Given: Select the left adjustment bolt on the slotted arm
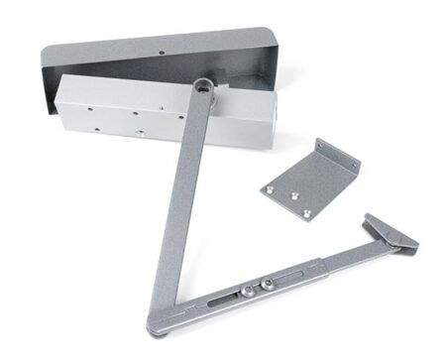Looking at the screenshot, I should click(243, 291).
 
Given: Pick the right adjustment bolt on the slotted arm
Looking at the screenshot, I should click(265, 286).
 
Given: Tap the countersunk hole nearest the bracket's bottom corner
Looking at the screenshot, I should click(308, 210).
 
